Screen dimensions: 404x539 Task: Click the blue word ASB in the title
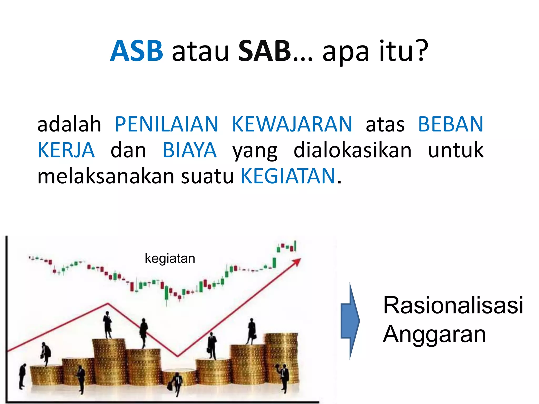pos(137,51)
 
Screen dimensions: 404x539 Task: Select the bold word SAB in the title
pos(264,51)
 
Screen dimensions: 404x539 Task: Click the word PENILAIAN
pos(167,124)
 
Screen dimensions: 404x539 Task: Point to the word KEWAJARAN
pos(292,124)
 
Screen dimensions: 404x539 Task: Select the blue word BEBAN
pos(451,124)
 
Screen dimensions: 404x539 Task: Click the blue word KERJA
pos(66,150)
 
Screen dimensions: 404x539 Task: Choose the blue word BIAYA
pos(189,150)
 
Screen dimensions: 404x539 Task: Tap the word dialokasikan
pos(352,150)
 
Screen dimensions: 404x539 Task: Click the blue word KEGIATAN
pos(288,176)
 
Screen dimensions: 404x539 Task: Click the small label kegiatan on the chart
pos(170,258)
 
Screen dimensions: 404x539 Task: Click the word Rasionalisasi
pos(453,305)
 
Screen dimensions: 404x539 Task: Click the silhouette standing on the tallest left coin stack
pos(107,325)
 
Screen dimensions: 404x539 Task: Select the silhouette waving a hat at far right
pos(283,376)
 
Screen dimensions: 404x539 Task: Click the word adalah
pos(69,124)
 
